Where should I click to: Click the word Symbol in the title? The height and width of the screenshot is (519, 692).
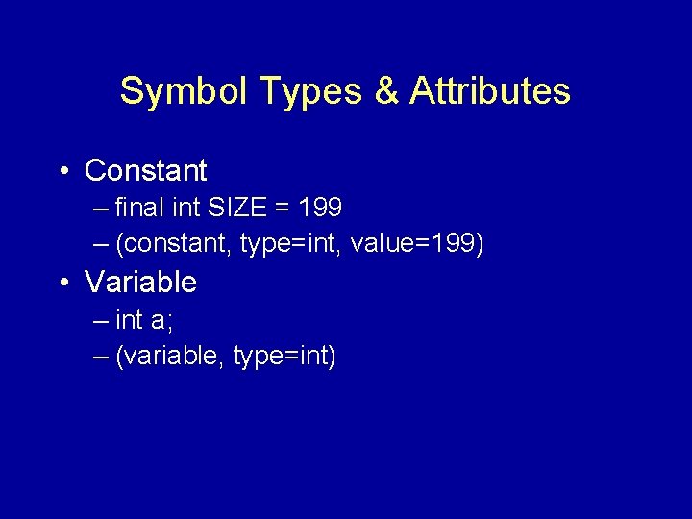click(x=169, y=92)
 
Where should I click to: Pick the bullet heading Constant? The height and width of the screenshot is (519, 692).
click(x=146, y=171)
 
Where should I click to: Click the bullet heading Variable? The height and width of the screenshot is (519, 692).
click(x=140, y=283)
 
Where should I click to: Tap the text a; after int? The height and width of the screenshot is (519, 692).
click(x=160, y=320)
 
